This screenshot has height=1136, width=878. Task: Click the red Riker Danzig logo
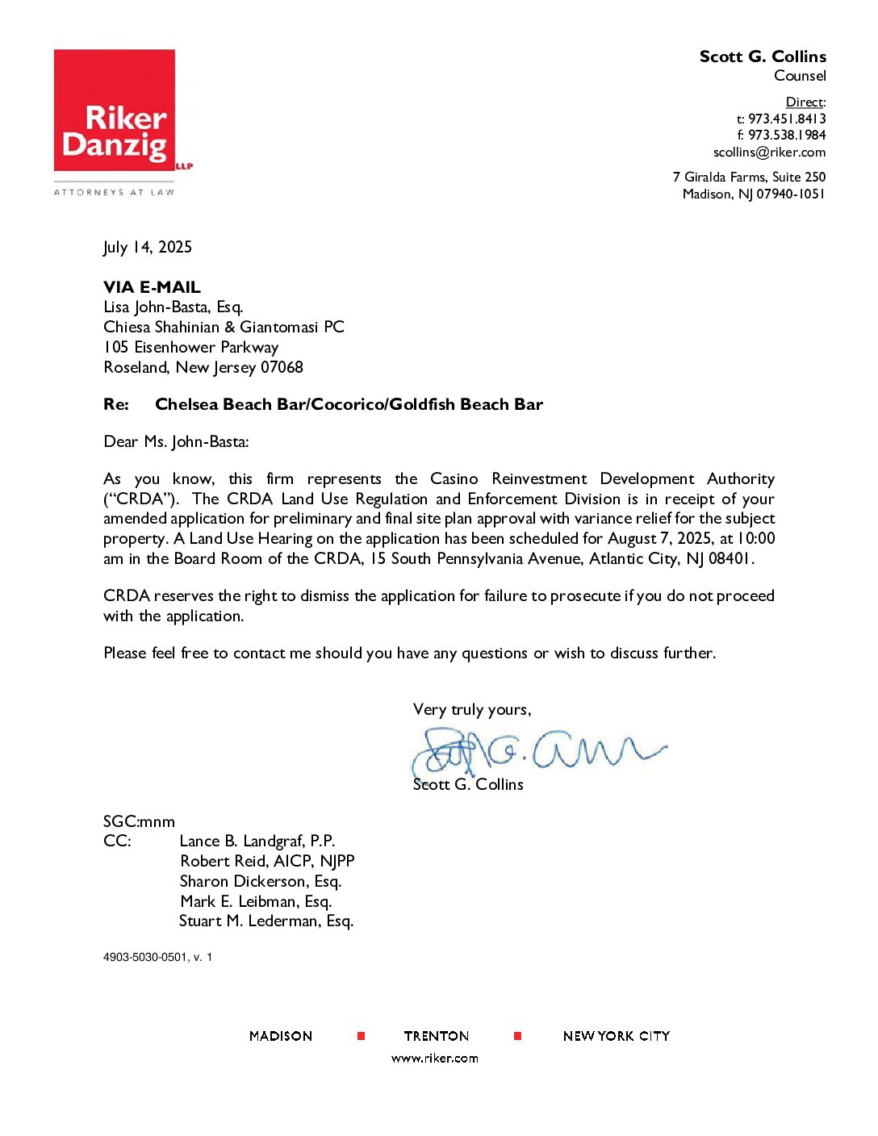pos(115,111)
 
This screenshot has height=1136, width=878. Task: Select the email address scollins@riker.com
pos(769,152)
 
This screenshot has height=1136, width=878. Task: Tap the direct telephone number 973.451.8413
pos(787,119)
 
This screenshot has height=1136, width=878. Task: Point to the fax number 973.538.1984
pos(787,136)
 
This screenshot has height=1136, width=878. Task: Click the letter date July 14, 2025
pos(148,248)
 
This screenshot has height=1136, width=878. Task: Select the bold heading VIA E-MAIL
pos(152,287)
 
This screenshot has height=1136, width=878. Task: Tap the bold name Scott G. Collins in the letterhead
pos(763,56)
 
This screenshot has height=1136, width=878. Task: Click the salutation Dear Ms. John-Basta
pos(176,442)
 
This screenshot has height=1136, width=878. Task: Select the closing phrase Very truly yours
pos(471,710)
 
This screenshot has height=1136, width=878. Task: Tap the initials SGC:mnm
pos(139,822)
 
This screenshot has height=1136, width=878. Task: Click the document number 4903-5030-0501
pos(144,958)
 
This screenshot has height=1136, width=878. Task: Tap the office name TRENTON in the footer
pos(436,1037)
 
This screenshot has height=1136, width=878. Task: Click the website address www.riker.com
pos(434,1059)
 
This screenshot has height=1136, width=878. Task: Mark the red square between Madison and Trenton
pos(361,1036)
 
